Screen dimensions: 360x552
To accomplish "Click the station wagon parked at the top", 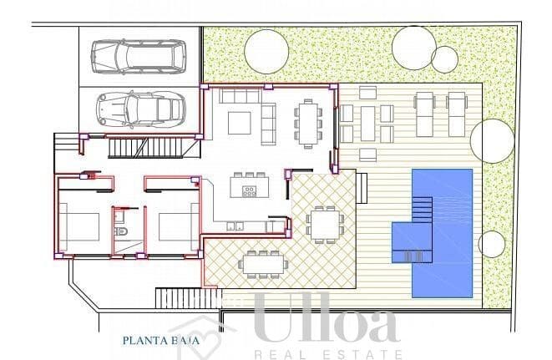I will click(138, 56).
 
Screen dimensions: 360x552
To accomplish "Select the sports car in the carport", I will click(138, 109).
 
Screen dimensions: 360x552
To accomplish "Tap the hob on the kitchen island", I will click(249, 191).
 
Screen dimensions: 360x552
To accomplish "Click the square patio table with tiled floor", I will click(324, 223).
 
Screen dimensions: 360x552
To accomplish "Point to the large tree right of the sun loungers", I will click(492, 140).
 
